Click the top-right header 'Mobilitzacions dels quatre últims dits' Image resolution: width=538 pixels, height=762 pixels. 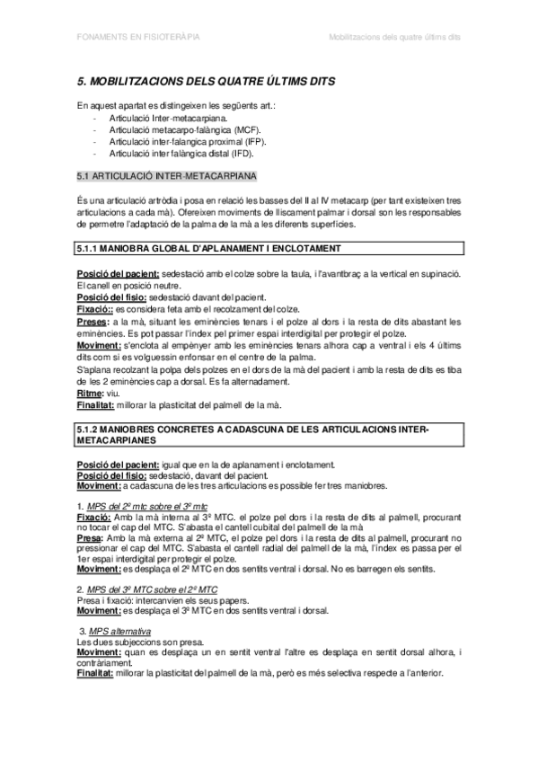coord(394,39)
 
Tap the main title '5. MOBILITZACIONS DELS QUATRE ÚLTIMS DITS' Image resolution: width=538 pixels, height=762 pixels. coord(207,82)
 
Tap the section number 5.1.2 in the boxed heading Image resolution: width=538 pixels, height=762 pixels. coord(93,430)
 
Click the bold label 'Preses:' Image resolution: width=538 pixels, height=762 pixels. coord(93,322)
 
